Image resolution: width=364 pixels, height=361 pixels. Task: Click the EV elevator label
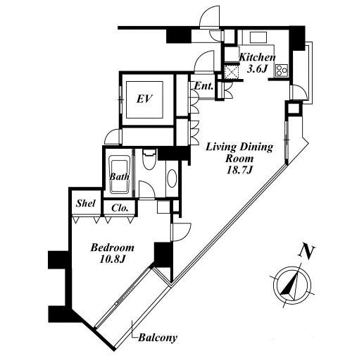tap(144, 99)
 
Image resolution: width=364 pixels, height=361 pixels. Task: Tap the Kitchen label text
tap(257, 58)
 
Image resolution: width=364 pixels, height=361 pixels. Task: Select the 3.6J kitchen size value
tap(257, 69)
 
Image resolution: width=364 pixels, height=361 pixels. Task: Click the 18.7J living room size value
tap(239, 170)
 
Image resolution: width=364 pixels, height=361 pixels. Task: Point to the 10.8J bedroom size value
tap(112, 259)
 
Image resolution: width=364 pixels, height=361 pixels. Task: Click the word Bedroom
tap(113, 247)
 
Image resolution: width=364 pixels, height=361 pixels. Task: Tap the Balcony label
tap(158, 338)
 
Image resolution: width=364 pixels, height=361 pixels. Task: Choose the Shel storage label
tap(86, 204)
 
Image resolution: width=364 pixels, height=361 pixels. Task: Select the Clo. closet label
tap(120, 208)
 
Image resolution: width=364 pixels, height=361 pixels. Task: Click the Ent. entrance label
tap(203, 86)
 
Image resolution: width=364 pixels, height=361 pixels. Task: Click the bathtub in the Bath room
tap(120, 174)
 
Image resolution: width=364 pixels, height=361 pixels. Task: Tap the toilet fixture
tap(149, 159)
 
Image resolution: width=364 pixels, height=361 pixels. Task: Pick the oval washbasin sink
tap(172, 178)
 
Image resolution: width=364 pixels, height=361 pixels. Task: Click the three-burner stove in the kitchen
tap(282, 70)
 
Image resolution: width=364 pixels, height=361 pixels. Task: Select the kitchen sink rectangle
tap(258, 37)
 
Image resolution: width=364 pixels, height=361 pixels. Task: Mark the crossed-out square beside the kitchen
tap(232, 71)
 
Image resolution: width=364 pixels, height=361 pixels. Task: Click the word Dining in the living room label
tap(256, 147)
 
